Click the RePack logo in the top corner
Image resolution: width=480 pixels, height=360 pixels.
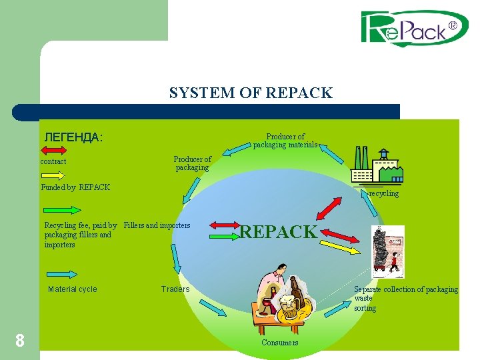415,29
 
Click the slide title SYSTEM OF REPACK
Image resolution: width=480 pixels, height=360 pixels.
251,93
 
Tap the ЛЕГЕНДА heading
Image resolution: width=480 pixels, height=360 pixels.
73,138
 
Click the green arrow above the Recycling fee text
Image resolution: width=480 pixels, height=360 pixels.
57,213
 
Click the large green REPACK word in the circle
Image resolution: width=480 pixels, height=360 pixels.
279,232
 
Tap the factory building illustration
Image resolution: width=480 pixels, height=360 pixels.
377,167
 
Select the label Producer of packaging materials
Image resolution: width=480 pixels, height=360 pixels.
285,141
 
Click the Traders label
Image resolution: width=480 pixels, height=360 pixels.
175,289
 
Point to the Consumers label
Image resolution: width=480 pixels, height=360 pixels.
280,343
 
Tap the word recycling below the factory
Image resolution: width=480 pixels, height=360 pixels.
384,193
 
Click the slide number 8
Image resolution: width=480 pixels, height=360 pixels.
20,341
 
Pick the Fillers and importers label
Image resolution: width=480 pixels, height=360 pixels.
157,225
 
